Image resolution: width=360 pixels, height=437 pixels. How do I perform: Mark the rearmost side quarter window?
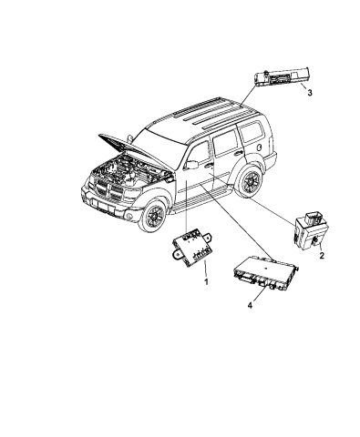coord(252,133)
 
